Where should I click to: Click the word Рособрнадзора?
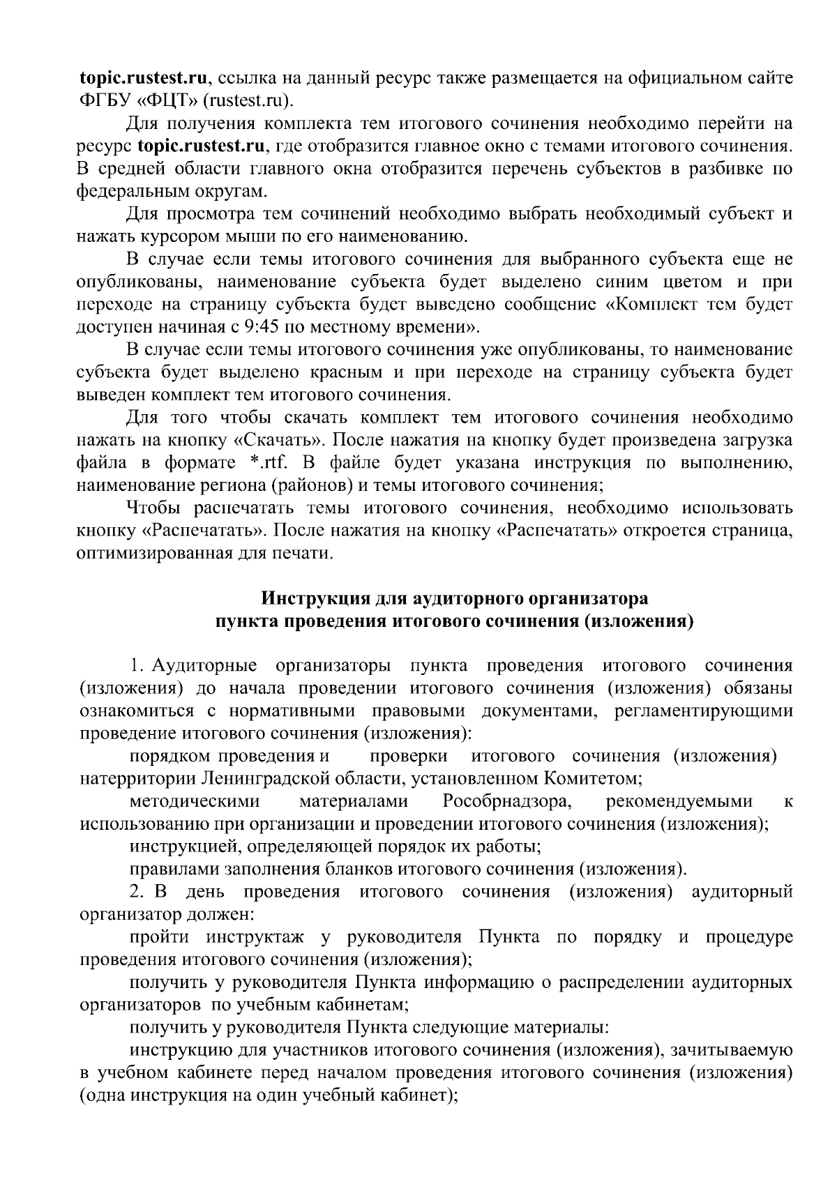tap(507, 801)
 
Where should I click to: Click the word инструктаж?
tap(255, 936)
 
